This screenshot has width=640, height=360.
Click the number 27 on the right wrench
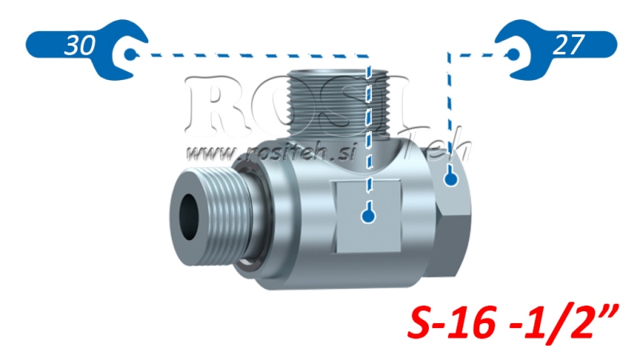coord(568,46)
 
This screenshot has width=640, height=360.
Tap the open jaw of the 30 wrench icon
coord(128,55)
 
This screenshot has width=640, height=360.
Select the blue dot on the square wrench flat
coord(367,215)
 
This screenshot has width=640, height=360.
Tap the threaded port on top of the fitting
coord(340,100)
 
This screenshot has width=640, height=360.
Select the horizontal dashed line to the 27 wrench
coord(480,54)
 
